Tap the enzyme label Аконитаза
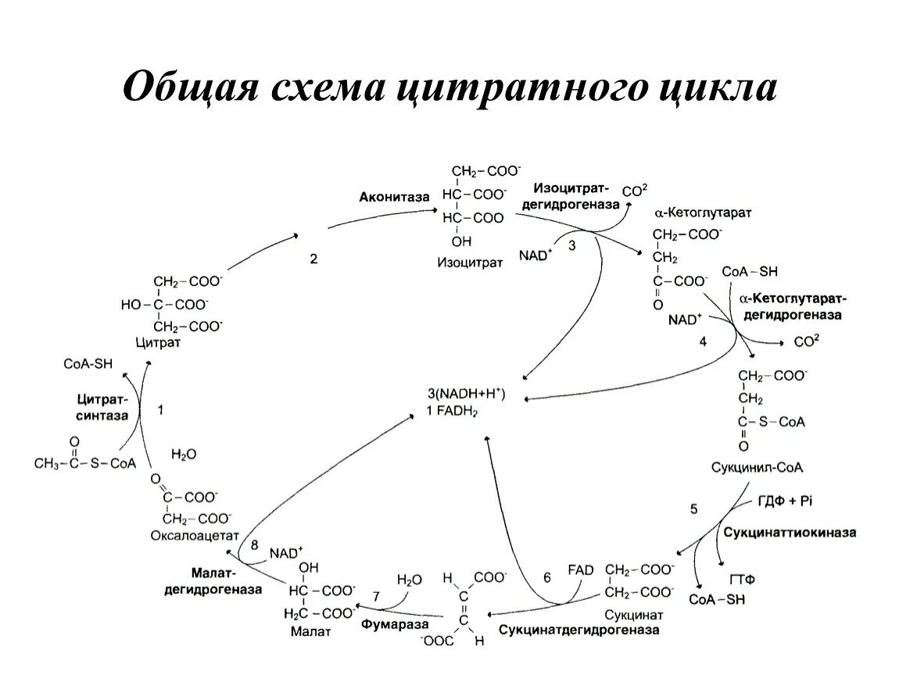tap(394, 198)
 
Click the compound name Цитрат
tap(158, 342)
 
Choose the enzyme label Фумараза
tap(385, 625)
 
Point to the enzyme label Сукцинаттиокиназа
tap(789, 533)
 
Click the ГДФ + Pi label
tap(785, 500)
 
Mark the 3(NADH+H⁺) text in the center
tap(467, 394)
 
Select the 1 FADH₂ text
tap(453, 410)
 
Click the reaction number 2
tap(313, 261)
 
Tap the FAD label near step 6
tap(581, 570)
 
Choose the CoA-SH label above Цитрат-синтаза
tap(88, 364)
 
